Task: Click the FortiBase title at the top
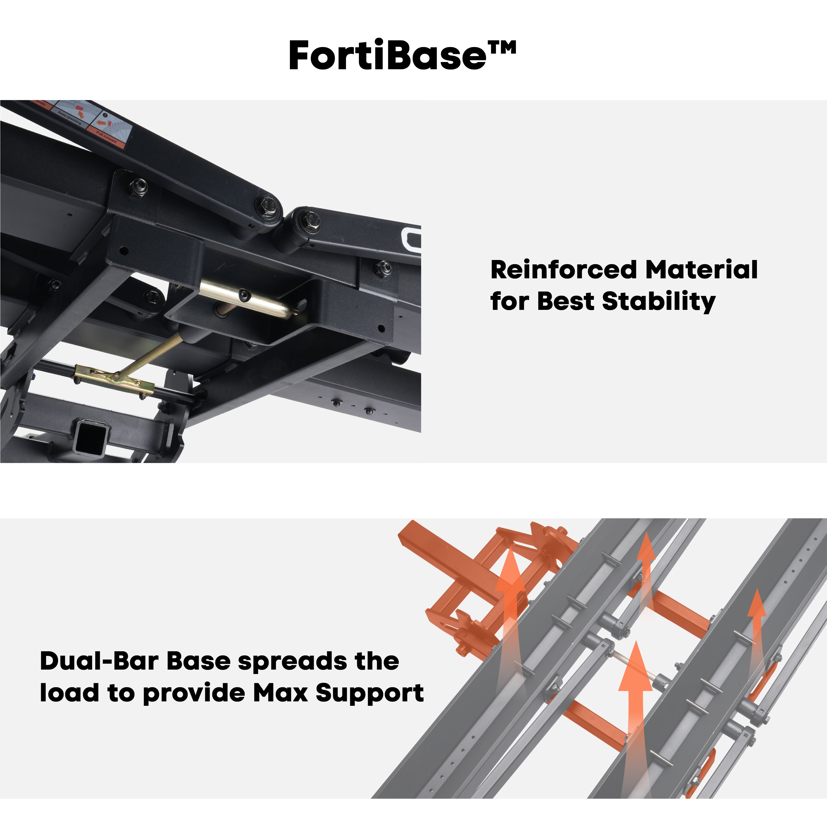(387, 56)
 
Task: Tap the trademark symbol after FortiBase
(502, 47)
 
